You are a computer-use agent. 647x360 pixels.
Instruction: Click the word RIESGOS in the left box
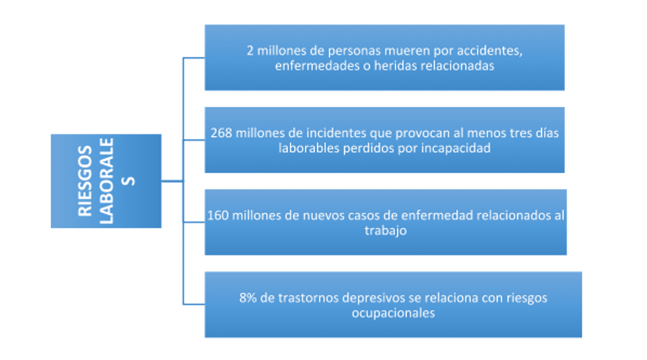coord(84,181)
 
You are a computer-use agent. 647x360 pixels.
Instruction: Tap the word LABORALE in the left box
coord(106,181)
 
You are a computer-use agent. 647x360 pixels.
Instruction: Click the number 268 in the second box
coord(221,133)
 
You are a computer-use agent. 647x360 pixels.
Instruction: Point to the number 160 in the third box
coord(218,216)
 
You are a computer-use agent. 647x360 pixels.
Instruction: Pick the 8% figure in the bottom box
coord(248,298)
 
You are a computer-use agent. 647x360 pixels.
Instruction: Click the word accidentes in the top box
coord(489,51)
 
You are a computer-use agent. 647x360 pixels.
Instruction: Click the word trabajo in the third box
coord(385,231)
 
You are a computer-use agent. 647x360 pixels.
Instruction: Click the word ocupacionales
coord(393,313)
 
